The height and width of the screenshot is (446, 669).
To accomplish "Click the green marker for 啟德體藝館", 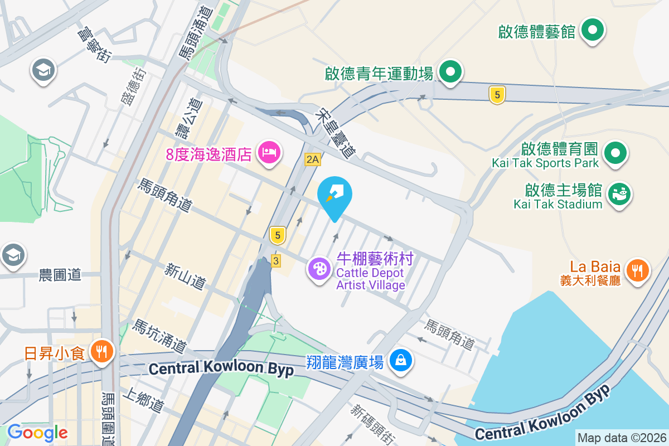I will point(593,29).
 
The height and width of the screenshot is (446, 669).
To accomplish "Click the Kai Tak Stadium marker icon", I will point(619,193).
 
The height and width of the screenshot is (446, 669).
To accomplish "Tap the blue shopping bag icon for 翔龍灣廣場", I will point(401,361).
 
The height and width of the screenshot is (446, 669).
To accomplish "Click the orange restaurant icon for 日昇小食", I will point(101,351).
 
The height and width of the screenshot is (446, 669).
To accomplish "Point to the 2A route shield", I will point(312,159).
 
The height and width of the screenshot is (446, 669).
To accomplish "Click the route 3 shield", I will point(275,260).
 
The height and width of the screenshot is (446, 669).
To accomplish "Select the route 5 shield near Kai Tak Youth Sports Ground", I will point(497,95).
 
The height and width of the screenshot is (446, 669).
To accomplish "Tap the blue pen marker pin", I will point(334,195).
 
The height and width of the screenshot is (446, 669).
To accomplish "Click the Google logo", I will point(37,432).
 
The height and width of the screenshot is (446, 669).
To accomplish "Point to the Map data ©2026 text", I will point(622,438).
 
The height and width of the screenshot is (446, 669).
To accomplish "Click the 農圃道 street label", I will point(60,274).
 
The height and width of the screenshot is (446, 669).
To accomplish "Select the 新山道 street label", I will point(185,277).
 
